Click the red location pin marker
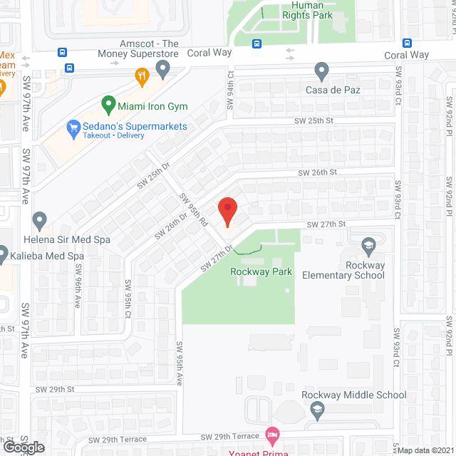click(227, 212)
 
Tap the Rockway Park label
click(252, 271)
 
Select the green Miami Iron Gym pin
click(108, 105)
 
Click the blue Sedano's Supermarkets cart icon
click(73, 128)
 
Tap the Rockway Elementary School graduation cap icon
click(368, 246)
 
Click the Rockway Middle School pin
click(318, 409)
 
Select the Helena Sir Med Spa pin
click(40, 220)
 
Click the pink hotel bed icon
click(271, 433)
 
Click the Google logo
click(24, 447)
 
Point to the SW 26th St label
click(316, 172)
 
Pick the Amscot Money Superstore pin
click(163, 69)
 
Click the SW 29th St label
click(58, 389)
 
